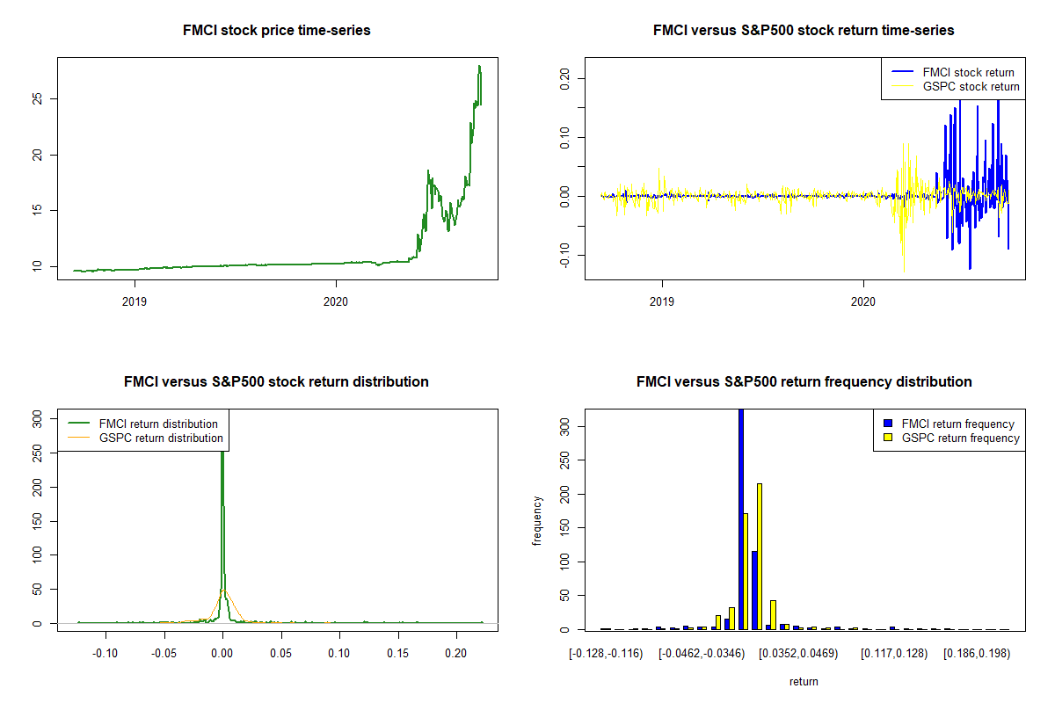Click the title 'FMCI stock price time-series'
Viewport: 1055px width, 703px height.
tap(276, 31)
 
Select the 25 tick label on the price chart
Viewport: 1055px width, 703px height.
tap(36, 99)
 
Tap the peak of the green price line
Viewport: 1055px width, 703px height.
tap(479, 67)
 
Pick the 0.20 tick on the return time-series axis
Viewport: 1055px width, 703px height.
tap(564, 77)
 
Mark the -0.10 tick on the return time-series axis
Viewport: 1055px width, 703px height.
tap(564, 255)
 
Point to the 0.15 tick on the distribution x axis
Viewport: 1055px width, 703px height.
tap(397, 655)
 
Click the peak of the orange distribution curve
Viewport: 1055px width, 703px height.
tap(224, 590)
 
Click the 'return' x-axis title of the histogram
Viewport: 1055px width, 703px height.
tap(804, 681)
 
